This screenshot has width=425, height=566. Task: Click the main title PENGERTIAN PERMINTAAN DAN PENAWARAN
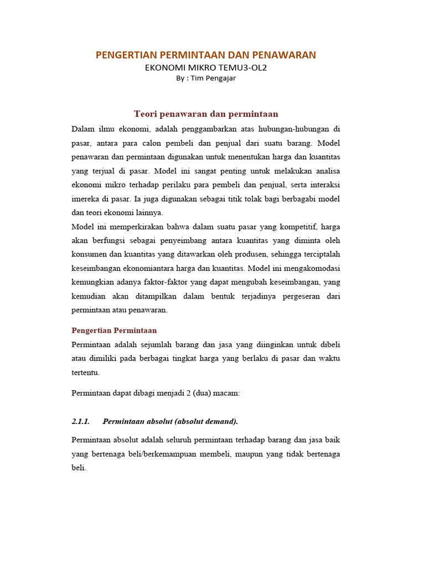pyautogui.click(x=206, y=55)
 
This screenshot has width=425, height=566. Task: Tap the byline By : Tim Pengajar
pyautogui.click(x=206, y=78)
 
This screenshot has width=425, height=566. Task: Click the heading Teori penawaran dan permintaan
pyautogui.click(x=206, y=114)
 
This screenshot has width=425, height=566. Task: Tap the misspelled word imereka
pyautogui.click(x=86, y=198)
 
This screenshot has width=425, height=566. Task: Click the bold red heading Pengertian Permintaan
pyautogui.click(x=115, y=331)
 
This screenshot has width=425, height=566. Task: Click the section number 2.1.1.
pyautogui.click(x=81, y=421)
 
